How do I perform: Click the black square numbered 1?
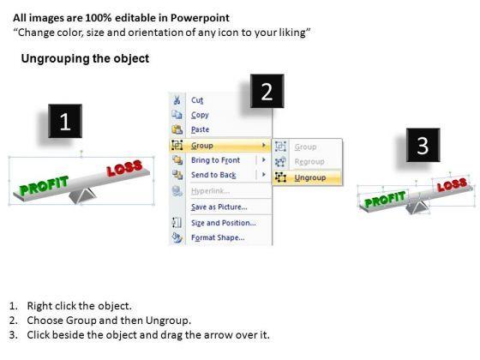(x=65, y=121)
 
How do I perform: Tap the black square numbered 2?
(x=267, y=91)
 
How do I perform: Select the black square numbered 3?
(x=423, y=145)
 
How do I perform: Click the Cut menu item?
(x=197, y=100)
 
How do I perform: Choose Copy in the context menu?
(x=200, y=115)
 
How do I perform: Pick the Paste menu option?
(x=201, y=129)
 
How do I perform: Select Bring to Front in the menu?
(x=215, y=160)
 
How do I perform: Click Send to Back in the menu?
(x=213, y=175)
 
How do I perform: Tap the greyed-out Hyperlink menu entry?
(x=210, y=191)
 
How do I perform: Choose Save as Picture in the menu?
(x=219, y=207)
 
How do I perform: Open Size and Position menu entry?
(x=224, y=223)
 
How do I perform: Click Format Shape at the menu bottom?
(x=218, y=237)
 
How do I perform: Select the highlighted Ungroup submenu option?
(x=310, y=177)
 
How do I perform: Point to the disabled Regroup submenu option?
(x=309, y=161)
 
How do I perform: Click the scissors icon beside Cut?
(x=177, y=100)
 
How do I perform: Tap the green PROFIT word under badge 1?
(x=44, y=185)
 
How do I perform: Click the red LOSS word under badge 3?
(x=453, y=183)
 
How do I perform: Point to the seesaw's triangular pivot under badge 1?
(x=82, y=196)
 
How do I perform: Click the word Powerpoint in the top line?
(x=200, y=18)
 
